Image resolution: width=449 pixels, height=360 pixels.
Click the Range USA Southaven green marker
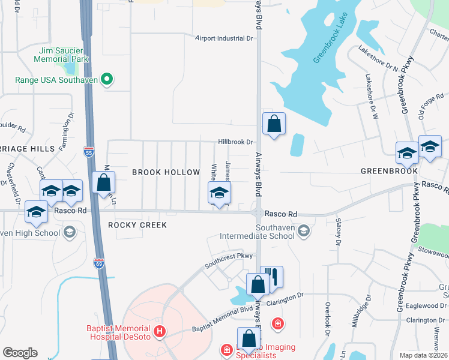[107, 79]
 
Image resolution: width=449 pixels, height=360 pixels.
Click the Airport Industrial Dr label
[224, 38]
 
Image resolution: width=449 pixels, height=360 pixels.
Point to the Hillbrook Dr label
[236, 142]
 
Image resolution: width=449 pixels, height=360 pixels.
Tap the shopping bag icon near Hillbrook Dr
[274, 124]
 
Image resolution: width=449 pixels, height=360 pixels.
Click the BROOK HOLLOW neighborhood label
[166, 172]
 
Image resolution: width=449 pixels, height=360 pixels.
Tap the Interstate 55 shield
[89, 152]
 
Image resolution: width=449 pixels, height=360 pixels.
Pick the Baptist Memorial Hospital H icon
[159, 331]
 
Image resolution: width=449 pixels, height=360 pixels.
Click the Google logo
[20, 353]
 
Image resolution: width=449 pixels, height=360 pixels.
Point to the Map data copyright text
[423, 355]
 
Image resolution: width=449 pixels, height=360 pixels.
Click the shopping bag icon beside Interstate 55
[104, 182]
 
